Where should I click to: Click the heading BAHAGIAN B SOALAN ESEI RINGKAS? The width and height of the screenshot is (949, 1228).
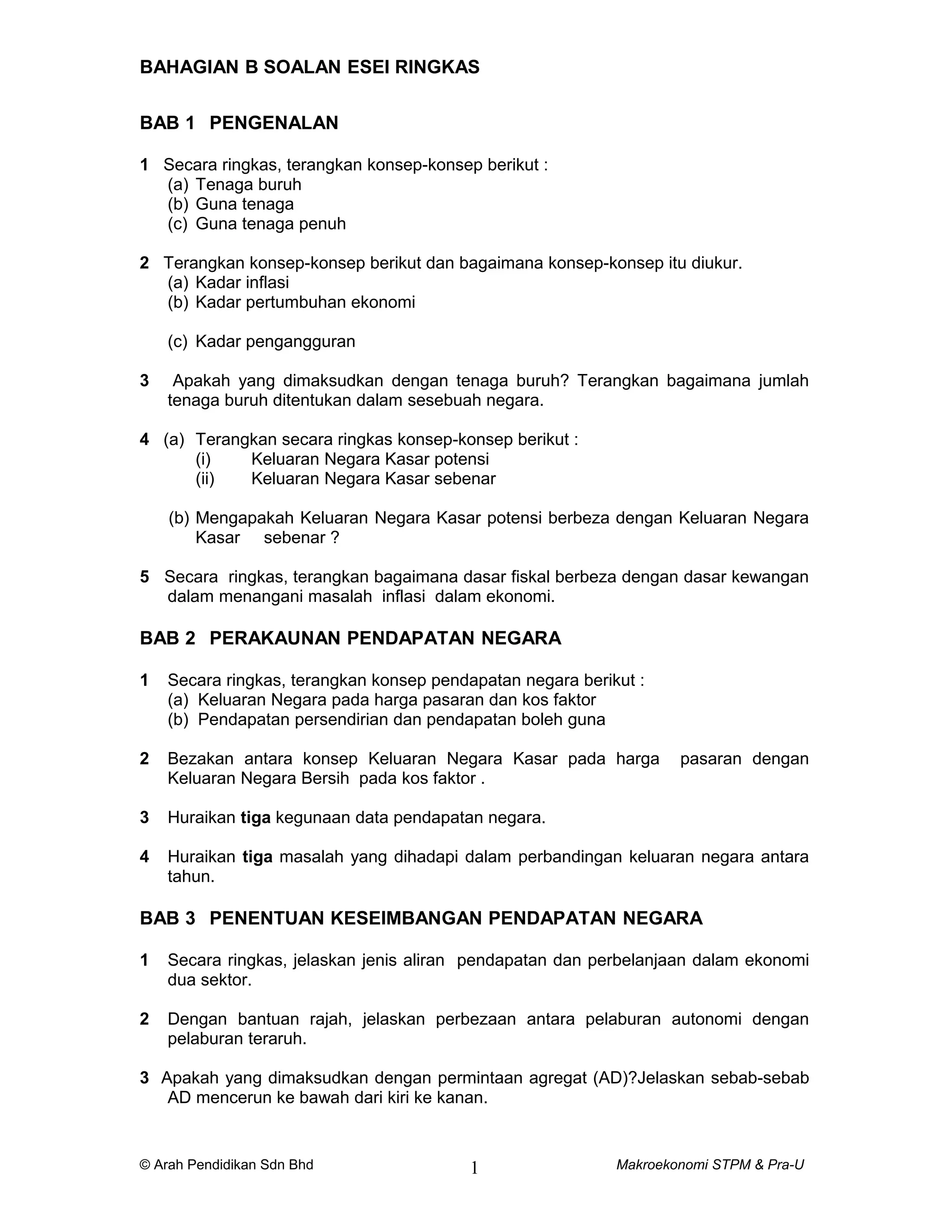[x=309, y=68]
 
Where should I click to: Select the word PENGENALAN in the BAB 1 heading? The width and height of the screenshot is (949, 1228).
[x=273, y=123]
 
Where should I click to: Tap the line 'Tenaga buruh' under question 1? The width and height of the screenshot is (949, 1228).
[x=248, y=184]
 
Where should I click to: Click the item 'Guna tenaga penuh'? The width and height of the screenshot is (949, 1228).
[x=271, y=224]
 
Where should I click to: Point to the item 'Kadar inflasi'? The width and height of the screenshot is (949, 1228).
[x=242, y=282]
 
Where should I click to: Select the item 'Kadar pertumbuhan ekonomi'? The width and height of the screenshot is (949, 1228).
[x=305, y=303]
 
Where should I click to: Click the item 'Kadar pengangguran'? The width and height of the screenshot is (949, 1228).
[x=275, y=342]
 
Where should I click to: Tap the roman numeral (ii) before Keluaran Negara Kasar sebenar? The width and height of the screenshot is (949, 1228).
[x=205, y=479]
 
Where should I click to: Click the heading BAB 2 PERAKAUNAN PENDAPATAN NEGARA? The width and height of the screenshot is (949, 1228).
[x=350, y=638]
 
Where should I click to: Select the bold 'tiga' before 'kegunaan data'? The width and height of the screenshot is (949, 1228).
[x=255, y=817]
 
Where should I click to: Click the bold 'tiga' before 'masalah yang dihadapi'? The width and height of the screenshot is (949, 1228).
[x=258, y=857]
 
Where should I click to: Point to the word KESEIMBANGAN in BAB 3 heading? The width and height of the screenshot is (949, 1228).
[x=408, y=918]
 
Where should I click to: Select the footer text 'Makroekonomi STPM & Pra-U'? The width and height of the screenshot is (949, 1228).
[x=709, y=1165]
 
